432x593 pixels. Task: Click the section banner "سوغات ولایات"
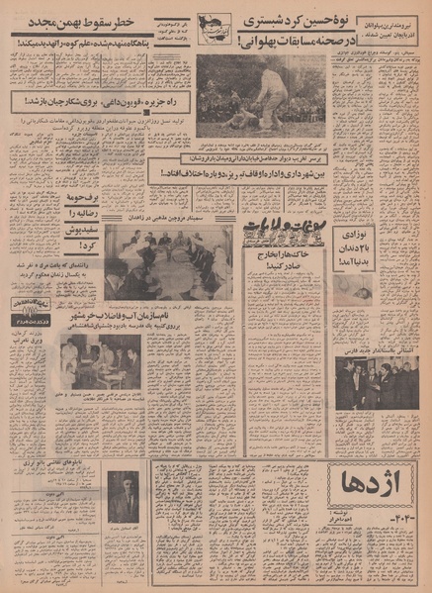[283, 232]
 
